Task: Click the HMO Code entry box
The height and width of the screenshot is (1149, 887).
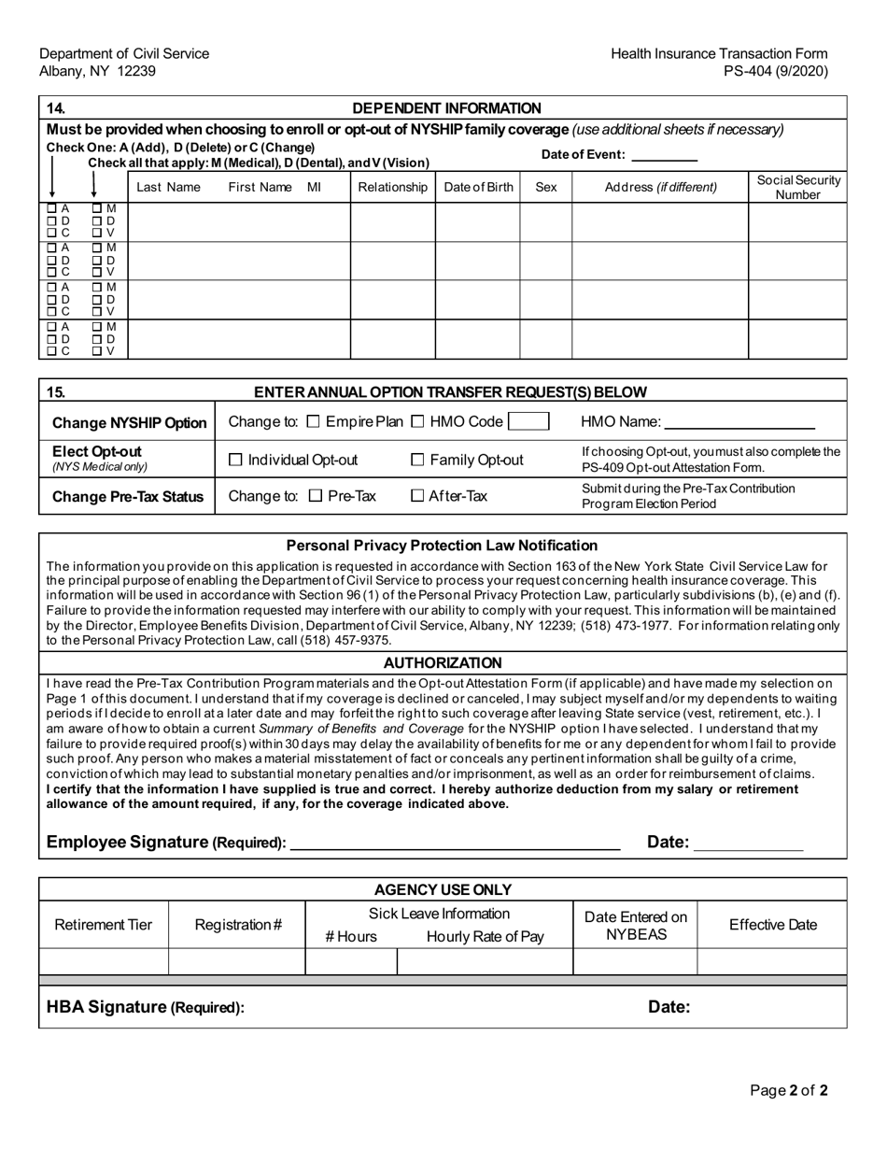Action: tap(528, 422)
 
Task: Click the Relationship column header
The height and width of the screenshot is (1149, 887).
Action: tap(392, 187)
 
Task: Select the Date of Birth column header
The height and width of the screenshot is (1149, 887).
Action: tap(478, 187)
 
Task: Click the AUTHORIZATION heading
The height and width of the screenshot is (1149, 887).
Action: tap(443, 662)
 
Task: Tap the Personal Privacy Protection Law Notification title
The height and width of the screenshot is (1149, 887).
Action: tap(442, 545)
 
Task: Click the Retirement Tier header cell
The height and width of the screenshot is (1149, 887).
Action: tap(104, 925)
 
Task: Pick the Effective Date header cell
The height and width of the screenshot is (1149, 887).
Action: tap(772, 925)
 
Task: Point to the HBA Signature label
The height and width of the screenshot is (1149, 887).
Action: tap(146, 1007)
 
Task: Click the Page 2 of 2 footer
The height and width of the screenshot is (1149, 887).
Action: tap(790, 1089)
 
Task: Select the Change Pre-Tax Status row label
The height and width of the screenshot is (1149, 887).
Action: tap(128, 497)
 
